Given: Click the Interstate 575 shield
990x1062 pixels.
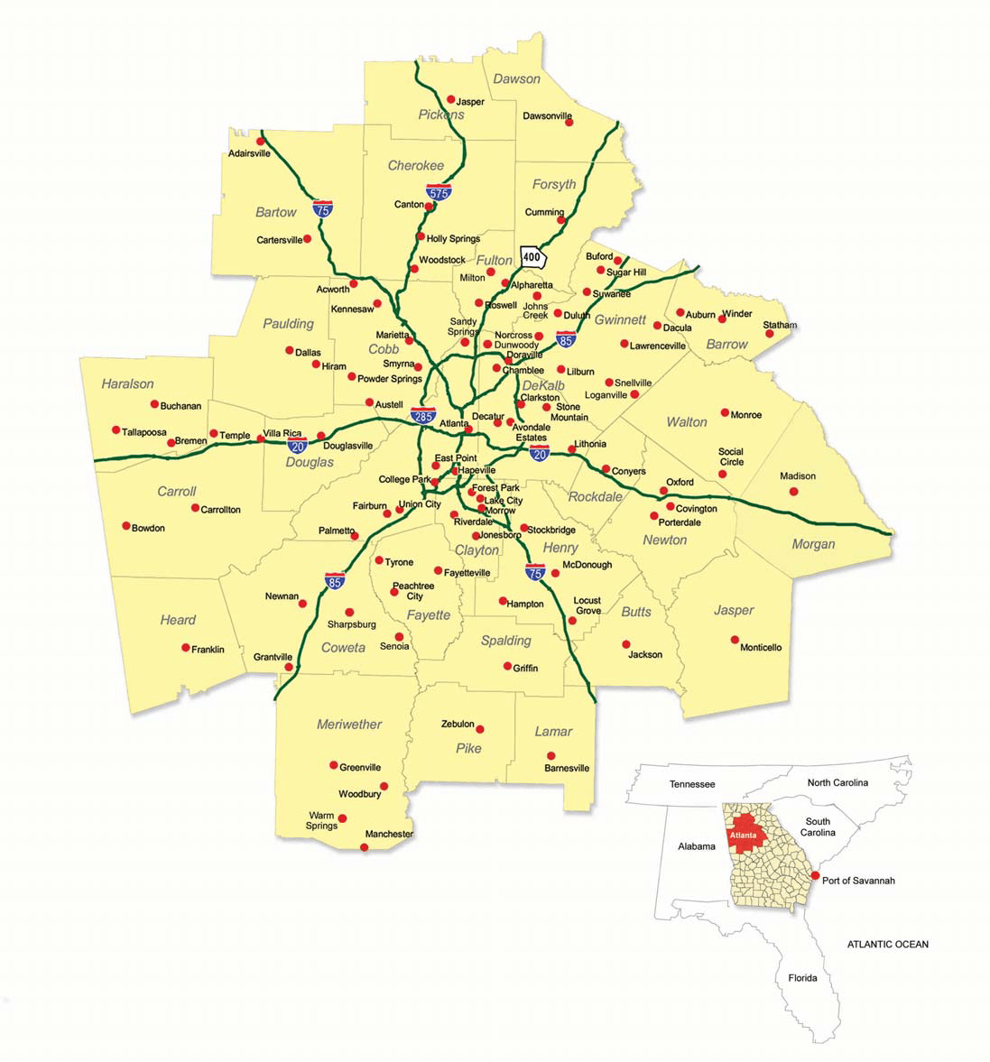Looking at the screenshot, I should (x=439, y=191).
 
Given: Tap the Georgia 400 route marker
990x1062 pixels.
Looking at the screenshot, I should (x=532, y=256).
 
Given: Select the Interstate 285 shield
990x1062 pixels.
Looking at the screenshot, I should (x=422, y=415).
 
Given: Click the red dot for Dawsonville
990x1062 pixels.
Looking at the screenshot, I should (x=569, y=122).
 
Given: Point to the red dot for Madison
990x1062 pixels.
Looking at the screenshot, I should (x=793, y=492).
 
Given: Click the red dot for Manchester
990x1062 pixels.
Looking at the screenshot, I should (x=365, y=847).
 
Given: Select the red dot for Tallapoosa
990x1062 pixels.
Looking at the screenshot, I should (x=116, y=429).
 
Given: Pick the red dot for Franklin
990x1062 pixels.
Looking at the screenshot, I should (x=186, y=647).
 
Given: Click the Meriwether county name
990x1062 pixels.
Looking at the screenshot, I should (x=349, y=725).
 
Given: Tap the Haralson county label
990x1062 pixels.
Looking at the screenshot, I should (x=127, y=383).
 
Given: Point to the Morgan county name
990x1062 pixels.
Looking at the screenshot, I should (x=813, y=544).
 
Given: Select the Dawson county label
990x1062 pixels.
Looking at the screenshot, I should (x=516, y=79).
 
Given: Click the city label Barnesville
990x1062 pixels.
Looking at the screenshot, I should (x=567, y=769).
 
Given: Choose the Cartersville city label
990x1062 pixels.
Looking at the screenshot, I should (x=279, y=240).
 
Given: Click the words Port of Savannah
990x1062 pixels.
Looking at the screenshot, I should (x=858, y=881).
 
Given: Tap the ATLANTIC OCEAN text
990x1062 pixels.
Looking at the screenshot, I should (x=887, y=945).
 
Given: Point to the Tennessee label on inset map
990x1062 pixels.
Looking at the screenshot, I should (x=692, y=785).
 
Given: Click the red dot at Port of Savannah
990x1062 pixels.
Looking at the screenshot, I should (x=814, y=876).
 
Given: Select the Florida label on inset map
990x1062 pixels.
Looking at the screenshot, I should (x=802, y=978).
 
